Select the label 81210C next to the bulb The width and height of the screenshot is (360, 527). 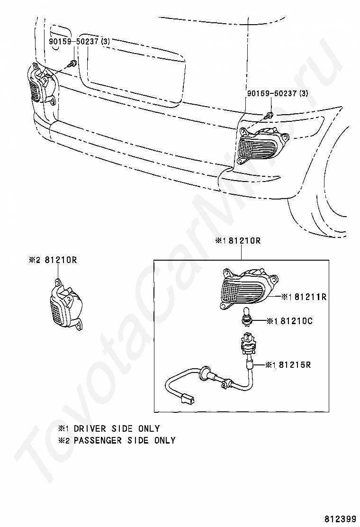point(296,321)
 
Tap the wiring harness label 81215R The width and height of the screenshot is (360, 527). point(295,365)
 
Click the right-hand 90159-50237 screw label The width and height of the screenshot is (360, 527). point(277,94)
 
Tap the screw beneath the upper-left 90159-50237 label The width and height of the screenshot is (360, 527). point(72,63)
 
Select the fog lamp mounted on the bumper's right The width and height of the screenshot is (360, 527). point(260,145)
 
